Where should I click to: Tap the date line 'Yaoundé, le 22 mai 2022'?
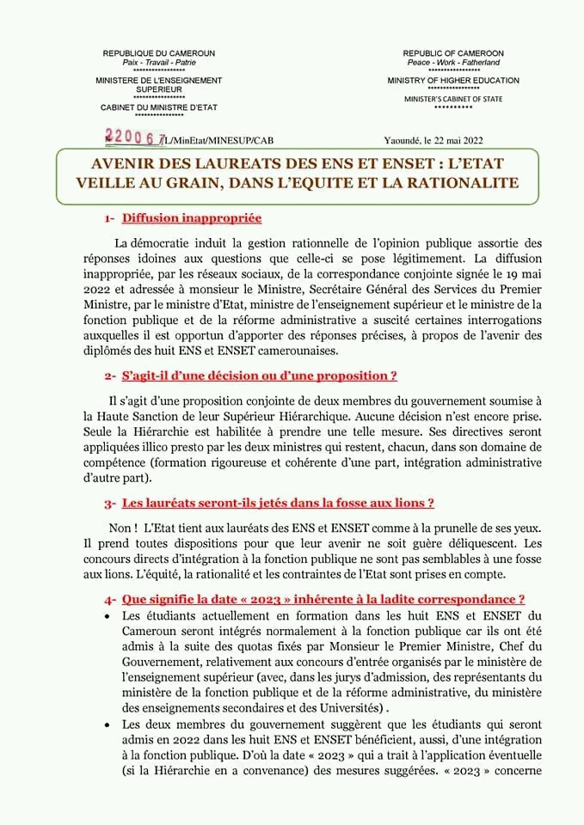434,140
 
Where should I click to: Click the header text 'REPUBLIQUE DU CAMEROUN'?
159,53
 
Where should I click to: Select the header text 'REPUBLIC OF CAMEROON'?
453,53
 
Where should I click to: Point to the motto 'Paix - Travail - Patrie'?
159,62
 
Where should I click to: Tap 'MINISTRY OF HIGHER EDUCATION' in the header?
453,81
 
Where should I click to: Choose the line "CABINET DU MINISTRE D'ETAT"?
159,107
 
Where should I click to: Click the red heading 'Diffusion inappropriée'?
191,218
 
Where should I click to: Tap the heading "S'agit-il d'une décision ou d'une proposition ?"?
259,376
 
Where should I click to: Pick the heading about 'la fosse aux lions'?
278,502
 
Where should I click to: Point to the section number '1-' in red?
111,219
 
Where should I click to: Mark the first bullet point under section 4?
107,617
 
